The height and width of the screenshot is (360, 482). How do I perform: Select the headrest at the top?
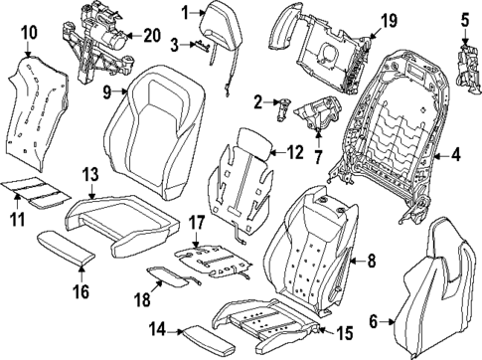point(217,22)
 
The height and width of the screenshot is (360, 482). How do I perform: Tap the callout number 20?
point(151,35)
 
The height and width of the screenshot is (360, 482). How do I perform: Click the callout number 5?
point(465,17)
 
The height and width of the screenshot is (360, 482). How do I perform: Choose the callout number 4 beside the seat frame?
point(456,154)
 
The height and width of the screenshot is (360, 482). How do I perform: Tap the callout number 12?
point(293,152)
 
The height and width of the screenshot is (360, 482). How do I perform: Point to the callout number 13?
point(89,175)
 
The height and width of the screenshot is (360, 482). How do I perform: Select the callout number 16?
point(80,291)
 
